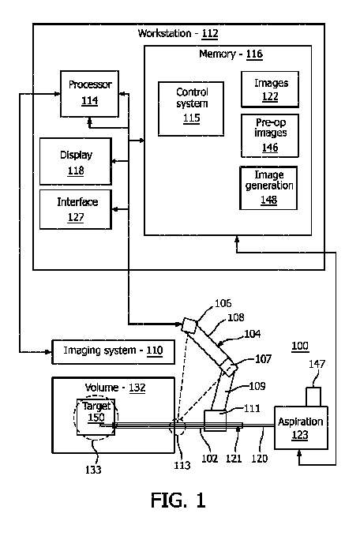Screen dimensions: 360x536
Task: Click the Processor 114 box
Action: (x=89, y=94)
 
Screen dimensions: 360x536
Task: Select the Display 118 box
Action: (x=76, y=161)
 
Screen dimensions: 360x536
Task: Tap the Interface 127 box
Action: (x=76, y=209)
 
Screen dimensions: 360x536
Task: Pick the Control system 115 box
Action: (x=191, y=109)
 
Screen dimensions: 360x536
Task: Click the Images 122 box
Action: (x=270, y=89)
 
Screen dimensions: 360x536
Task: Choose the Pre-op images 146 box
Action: (x=270, y=136)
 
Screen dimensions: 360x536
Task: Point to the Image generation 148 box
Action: (x=268, y=188)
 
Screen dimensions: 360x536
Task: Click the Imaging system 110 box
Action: (x=113, y=352)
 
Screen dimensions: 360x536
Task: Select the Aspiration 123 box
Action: (x=301, y=428)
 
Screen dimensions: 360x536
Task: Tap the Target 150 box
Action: (x=96, y=417)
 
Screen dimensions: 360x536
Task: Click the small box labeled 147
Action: (x=313, y=396)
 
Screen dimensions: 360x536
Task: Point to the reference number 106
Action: (x=223, y=303)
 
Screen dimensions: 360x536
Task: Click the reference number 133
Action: (x=93, y=470)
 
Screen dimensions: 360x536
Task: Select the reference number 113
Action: (x=182, y=465)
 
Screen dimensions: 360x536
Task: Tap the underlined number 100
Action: (x=300, y=346)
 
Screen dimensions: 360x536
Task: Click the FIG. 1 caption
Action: (x=178, y=500)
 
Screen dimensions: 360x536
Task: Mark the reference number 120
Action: (x=259, y=459)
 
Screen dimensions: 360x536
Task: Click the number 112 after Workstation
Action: (x=210, y=33)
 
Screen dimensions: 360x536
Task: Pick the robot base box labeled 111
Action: (x=215, y=421)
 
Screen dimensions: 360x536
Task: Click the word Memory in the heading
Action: (x=217, y=54)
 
